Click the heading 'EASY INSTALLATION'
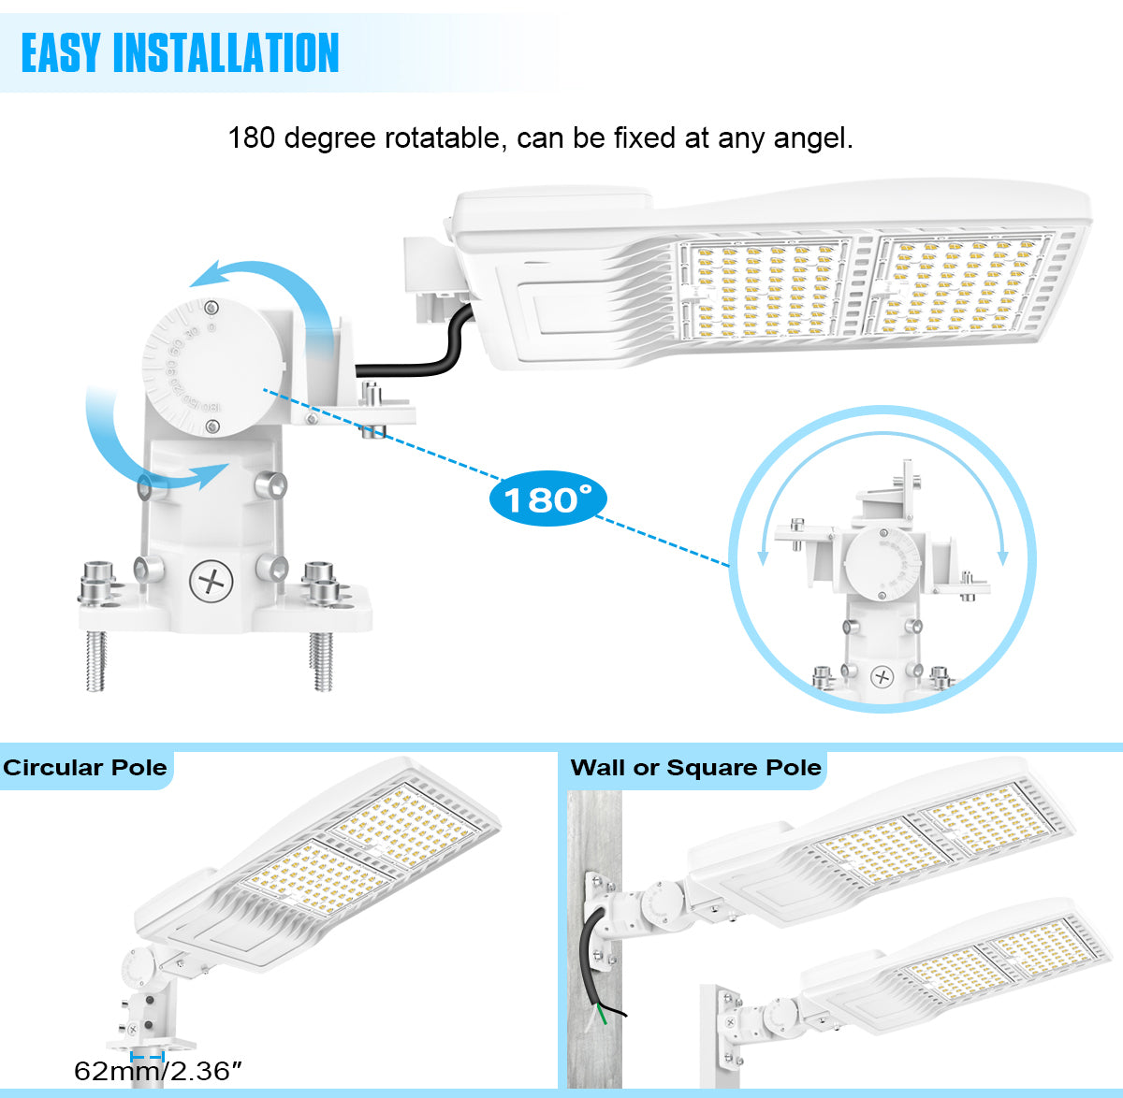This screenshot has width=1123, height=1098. [x=180, y=52]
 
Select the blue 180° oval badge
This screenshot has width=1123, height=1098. [x=547, y=498]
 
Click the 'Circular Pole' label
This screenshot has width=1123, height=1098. [x=85, y=768]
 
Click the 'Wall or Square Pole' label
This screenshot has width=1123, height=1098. [x=695, y=768]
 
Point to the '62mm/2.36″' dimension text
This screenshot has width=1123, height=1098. [x=157, y=1071]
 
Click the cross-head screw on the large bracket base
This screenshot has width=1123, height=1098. [x=211, y=582]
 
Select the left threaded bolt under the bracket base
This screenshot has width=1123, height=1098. [x=96, y=659]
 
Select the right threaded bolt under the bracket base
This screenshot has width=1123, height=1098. [x=322, y=660]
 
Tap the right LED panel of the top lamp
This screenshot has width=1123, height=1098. [x=959, y=283]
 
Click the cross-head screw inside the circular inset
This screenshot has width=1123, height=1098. [x=882, y=677]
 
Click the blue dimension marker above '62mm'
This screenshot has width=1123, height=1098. [x=148, y=1055]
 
